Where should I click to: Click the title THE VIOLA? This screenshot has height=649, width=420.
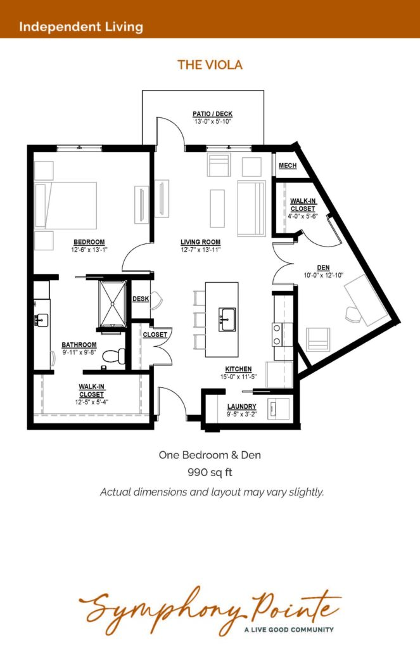[x=210, y=65]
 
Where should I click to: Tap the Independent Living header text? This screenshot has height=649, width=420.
[x=81, y=27]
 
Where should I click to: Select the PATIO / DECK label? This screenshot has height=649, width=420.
[x=213, y=114]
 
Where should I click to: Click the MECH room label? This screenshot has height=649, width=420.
[x=288, y=165]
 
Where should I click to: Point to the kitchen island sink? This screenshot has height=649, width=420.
[x=227, y=319]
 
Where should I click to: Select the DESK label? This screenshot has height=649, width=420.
[x=141, y=299]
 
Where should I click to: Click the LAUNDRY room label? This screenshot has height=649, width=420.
[x=241, y=406]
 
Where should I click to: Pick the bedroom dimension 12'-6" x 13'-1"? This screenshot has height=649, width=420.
[x=89, y=250]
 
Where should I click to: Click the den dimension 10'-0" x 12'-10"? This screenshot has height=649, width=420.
[x=324, y=275]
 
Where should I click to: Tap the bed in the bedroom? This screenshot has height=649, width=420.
[x=66, y=206]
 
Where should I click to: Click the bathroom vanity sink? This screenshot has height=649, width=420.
[x=42, y=320]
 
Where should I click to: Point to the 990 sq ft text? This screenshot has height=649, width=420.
[x=210, y=472]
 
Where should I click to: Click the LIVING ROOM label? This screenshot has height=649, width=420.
[x=201, y=242]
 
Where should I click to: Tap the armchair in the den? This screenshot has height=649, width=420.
[x=318, y=339]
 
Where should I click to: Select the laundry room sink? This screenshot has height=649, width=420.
[x=274, y=409]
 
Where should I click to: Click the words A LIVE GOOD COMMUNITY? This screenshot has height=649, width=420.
[x=289, y=629]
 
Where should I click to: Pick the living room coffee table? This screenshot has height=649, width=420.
[x=217, y=209]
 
